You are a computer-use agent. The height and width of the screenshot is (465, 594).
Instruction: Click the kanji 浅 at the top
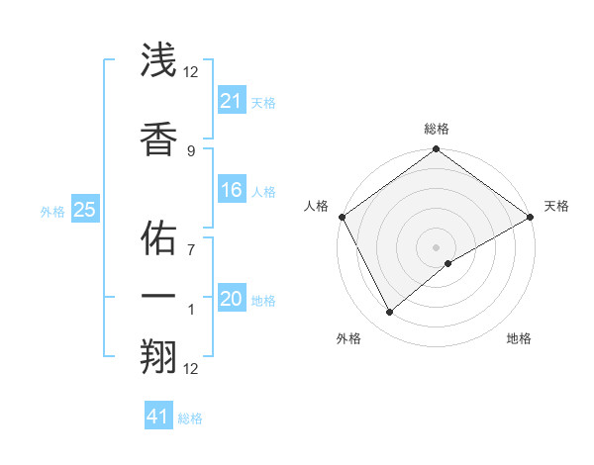pos(159,60)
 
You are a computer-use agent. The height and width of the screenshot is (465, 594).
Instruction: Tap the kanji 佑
pos(159,238)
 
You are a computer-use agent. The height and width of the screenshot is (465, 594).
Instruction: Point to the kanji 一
pos(159,297)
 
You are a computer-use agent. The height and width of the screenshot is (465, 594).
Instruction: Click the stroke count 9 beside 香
pos(191,150)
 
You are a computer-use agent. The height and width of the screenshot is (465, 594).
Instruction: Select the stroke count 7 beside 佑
pos(191,249)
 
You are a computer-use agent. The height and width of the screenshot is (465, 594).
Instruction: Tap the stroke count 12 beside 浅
pos(191,71)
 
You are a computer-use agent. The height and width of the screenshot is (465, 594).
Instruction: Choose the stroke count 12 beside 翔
pos(191,369)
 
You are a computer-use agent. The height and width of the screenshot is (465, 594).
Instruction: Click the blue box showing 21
pos(231,100)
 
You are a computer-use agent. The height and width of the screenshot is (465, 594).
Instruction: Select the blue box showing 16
pos(231,190)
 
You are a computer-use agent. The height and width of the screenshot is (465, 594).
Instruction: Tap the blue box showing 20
pos(231,299)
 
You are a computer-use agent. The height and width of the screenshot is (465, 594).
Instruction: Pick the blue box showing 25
pos(84,209)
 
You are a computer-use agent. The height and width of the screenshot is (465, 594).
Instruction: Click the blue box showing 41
pos(158,417)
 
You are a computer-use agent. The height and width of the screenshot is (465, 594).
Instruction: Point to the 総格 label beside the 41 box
pos(190,418)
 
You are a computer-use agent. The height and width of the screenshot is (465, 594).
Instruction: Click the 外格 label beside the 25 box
pos(52,211)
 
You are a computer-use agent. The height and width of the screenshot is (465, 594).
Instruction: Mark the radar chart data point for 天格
pos(532,217)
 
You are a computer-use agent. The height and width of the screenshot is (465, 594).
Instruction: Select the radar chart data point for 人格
pos(341,217)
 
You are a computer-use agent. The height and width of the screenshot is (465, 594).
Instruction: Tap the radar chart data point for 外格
pos(389,313)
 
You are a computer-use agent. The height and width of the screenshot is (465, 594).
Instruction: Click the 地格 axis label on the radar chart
pos(519,338)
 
